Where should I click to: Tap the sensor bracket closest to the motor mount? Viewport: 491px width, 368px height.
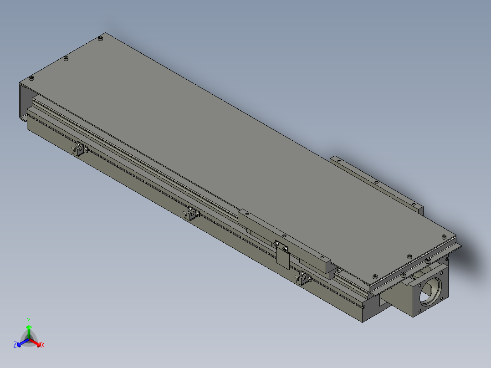[x=304, y=278]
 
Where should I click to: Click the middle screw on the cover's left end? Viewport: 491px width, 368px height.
[x=66, y=58]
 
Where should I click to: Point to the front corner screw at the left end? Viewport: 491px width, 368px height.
[x=31, y=78]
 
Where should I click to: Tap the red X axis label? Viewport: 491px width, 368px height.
[x=43, y=345]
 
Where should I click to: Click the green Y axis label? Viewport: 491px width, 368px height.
[x=29, y=320]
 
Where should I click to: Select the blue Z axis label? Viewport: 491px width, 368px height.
[x=15, y=345]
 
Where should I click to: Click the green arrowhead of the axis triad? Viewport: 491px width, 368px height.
[x=29, y=327]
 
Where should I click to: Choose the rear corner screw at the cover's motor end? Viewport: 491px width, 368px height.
[x=445, y=236]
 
